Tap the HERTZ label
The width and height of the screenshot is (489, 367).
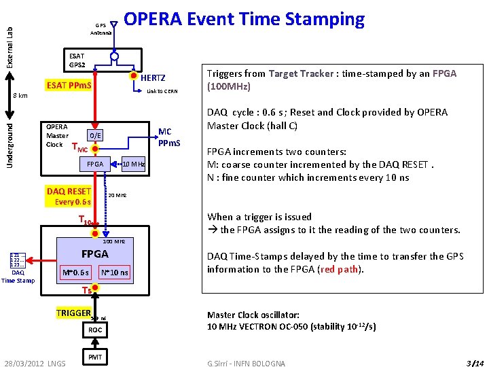(153, 78)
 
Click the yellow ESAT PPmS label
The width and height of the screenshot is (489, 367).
(69, 86)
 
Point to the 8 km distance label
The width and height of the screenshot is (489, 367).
(20, 96)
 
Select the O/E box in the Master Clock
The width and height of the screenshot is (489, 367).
(96, 135)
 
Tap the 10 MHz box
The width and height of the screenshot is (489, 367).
(133, 164)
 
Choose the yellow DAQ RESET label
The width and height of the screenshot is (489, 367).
(69, 192)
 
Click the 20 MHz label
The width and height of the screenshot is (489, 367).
(117, 195)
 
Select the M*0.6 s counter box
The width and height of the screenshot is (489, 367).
(75, 273)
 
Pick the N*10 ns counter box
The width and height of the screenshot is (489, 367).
(114, 273)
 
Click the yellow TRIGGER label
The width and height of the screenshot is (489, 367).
(73, 313)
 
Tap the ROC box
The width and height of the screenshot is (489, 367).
(95, 330)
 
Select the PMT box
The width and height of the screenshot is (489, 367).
(95, 356)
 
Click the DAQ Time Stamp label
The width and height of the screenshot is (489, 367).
(18, 277)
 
